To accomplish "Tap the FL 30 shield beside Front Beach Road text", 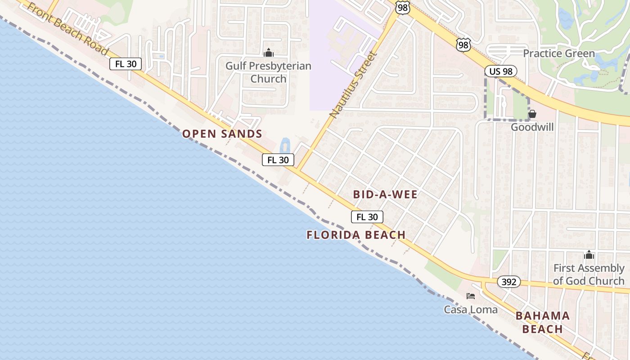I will point(126,64).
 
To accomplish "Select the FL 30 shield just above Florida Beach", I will point(367,217).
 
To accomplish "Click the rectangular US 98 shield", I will point(500,71).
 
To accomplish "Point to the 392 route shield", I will point(508,282).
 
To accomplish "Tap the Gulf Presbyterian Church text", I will point(268,72).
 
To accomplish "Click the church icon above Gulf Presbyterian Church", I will point(268,53).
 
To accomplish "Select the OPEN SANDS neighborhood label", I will point(222,134).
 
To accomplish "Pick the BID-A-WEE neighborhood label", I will point(385,194).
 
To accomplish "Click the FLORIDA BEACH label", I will point(356,235).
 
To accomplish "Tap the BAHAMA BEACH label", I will point(543,322).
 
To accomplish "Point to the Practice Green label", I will point(558,54).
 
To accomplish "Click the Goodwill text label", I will point(532,127).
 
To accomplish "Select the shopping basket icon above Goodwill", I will point(532,114).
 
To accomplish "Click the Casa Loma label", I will point(471,310).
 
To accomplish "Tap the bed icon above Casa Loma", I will point(471,296).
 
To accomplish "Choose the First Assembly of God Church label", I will point(589,274).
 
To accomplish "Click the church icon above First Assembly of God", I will point(589,255).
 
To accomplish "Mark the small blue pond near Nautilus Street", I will point(285,145).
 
